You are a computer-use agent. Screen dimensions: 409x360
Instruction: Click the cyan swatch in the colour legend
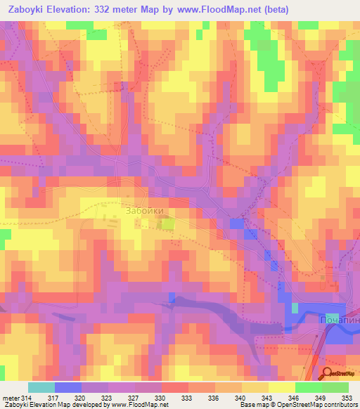pyautogui.click(x=41, y=387)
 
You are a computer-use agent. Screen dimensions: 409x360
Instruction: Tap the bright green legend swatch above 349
pyautogui.click(x=309, y=387)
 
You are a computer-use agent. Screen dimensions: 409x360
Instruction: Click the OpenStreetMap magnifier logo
pyautogui.click(x=328, y=374)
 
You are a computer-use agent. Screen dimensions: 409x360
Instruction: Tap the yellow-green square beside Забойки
pyautogui.click(x=167, y=224)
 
